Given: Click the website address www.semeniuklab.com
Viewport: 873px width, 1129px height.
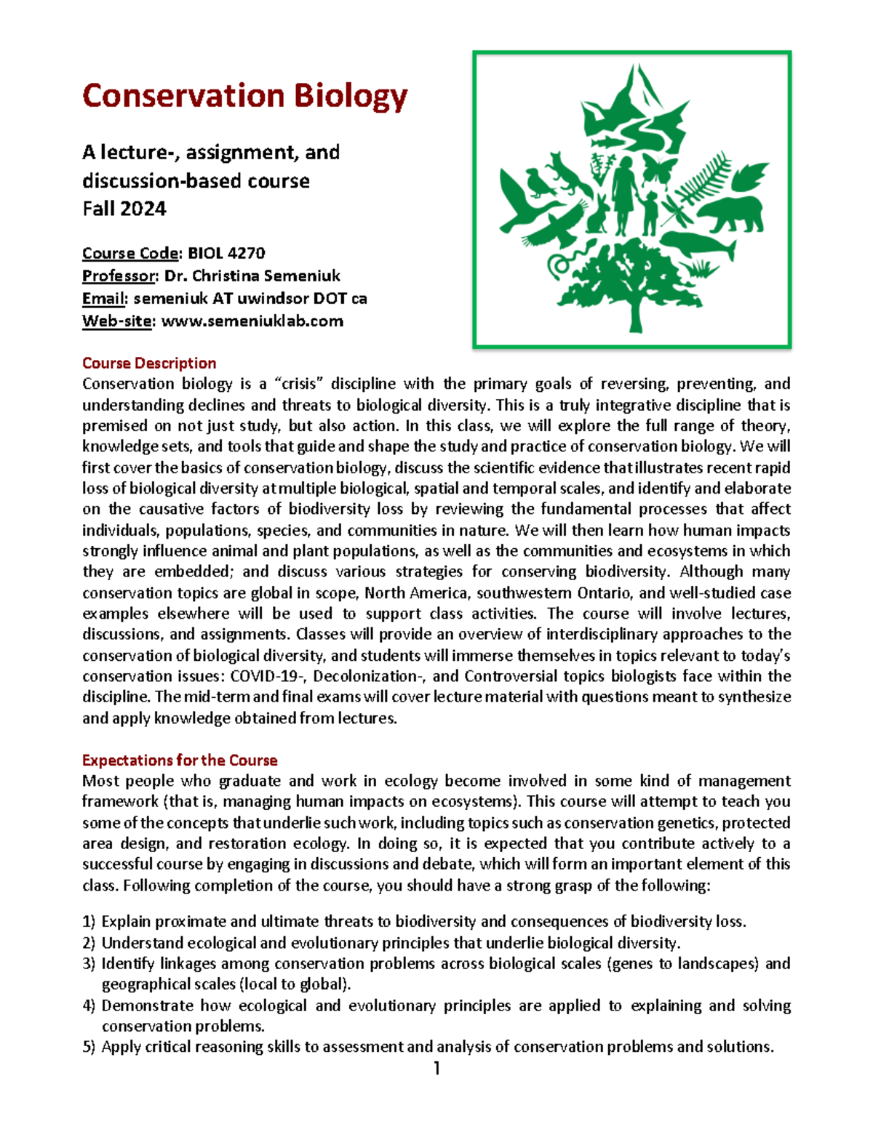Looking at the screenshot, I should point(252,321).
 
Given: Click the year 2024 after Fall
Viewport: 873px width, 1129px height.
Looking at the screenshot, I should point(145,209).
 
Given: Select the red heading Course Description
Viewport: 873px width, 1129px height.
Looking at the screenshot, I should point(149,363).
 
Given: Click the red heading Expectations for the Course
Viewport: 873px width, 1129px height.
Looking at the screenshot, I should point(180,760).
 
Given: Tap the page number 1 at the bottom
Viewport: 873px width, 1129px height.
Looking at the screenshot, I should point(436,1068).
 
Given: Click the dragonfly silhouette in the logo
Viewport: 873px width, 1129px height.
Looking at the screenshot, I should point(674,212).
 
